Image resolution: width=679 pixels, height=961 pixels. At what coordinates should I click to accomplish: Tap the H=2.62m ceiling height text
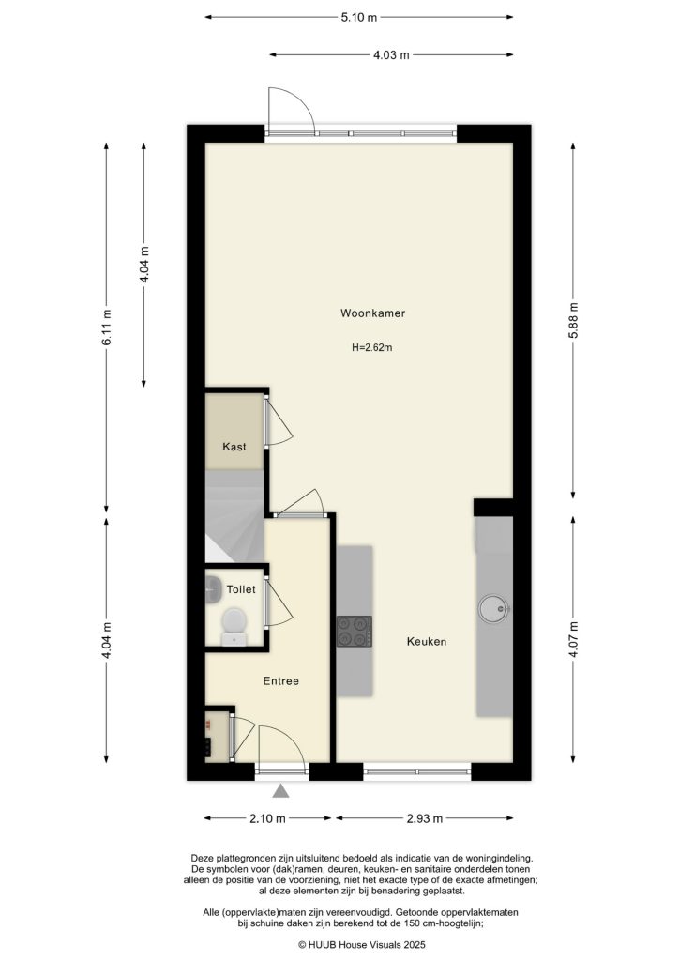point(371,347)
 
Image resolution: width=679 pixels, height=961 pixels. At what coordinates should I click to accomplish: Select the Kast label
point(234,447)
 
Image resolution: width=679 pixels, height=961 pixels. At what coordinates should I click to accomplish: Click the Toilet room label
point(241,590)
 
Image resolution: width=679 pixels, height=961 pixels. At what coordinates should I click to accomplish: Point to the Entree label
point(279,681)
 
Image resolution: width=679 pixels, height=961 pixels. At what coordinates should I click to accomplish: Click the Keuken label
point(426,642)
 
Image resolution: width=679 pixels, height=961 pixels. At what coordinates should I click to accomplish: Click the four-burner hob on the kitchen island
point(355,631)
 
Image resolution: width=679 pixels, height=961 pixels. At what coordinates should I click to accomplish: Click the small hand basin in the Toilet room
point(211,588)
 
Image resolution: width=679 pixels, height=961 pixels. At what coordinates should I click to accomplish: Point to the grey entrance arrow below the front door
point(280,795)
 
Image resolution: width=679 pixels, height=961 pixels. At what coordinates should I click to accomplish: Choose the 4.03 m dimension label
point(391,55)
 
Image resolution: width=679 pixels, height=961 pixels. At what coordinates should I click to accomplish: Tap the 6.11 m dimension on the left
point(108,328)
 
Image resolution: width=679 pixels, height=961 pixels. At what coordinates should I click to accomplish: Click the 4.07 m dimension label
point(572,638)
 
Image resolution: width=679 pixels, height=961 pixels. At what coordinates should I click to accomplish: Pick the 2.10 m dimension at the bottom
point(267,818)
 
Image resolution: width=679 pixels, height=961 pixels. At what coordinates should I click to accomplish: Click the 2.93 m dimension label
point(424,818)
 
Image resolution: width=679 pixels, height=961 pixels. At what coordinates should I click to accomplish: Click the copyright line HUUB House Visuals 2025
point(362,944)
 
